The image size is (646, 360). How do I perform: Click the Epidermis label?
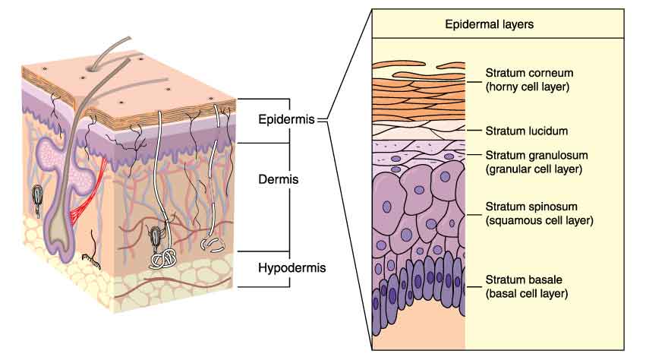point(286,119)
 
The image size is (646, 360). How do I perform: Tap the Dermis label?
point(279,179)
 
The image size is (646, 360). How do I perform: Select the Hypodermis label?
point(292,268)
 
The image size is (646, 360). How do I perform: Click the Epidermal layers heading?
point(489,24)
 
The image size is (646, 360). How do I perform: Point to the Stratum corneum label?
point(529,73)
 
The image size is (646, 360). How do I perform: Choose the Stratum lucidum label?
point(527,131)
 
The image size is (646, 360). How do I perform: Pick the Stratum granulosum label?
point(537,156)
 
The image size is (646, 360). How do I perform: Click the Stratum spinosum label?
point(531,207)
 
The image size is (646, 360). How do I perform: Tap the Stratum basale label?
point(524,279)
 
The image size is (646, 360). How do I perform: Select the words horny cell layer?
point(528,87)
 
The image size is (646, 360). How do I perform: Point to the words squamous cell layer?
point(539,220)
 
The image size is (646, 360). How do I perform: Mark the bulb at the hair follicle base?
point(61,243)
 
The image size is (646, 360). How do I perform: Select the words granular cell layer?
point(534,169)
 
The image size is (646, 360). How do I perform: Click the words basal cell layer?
point(527,294)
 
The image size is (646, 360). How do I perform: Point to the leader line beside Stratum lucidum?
point(474,131)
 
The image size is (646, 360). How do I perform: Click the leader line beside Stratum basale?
point(474,287)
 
